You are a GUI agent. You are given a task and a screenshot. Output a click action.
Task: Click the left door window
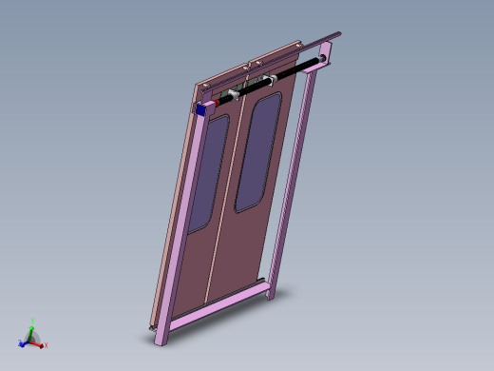(x=206, y=173)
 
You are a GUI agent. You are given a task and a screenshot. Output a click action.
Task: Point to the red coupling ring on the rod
(x=222, y=99)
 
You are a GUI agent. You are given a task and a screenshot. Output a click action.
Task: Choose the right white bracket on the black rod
(x=271, y=80)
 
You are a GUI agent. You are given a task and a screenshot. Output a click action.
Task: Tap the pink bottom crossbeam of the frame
(x=214, y=306)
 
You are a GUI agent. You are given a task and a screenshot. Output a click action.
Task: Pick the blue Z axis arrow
(x=22, y=343)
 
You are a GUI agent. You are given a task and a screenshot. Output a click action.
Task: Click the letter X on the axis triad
(x=47, y=345)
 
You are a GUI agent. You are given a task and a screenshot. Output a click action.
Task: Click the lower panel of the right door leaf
(x=242, y=247)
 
